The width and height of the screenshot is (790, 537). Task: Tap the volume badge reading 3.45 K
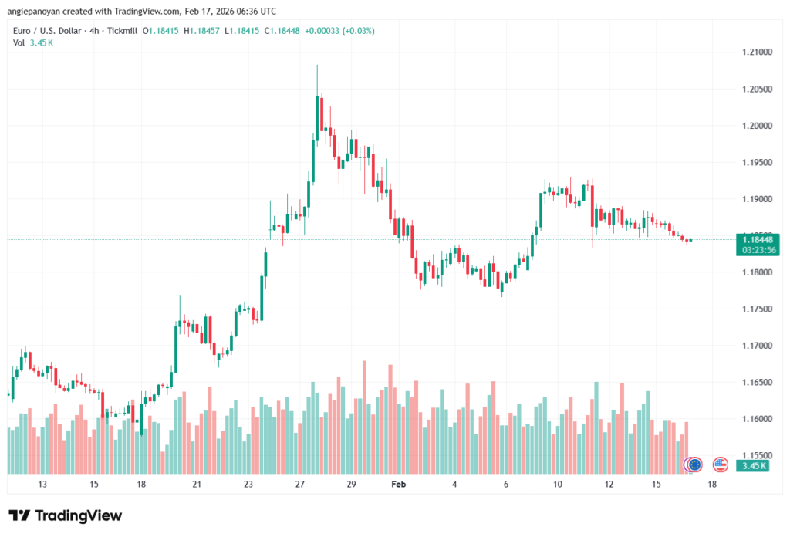(753, 466)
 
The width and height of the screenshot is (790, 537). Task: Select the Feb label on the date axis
(398, 484)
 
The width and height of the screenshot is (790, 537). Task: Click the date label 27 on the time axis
(299, 484)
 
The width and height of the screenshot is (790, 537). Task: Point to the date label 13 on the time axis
(42, 484)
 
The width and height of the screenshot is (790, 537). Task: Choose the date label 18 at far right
(711, 484)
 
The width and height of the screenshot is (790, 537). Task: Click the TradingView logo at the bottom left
(66, 515)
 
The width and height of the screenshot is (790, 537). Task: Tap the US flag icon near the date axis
(721, 464)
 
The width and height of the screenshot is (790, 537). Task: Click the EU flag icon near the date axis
(694, 464)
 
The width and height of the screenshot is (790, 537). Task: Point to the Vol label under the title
(19, 42)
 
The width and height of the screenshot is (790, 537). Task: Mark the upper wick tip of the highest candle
(317, 66)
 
